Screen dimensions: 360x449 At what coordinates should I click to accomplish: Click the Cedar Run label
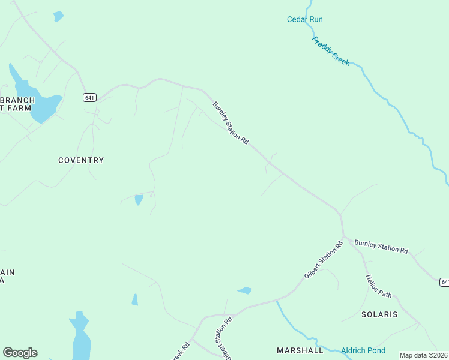[x=304, y=19]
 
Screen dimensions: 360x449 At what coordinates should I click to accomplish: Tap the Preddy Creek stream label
[x=331, y=51]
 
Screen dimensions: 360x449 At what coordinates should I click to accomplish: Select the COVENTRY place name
[x=81, y=160]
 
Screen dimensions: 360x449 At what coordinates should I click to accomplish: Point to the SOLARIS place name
[x=379, y=314]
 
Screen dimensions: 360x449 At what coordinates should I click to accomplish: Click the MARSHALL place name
[x=300, y=350]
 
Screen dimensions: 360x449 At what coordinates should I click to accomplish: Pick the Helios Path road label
[x=378, y=286]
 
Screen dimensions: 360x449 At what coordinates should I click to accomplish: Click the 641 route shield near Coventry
[x=89, y=97]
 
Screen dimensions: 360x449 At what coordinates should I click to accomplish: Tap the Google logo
[x=20, y=353]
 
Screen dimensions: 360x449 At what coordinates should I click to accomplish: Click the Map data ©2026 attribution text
[x=424, y=355]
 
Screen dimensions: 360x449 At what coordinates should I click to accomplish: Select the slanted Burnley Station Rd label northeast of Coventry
[x=231, y=122]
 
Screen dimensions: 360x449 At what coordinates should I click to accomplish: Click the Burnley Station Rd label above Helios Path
[x=381, y=246]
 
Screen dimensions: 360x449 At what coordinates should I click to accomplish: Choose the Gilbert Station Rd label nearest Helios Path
[x=323, y=259]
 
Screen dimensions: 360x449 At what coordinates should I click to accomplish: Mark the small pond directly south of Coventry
[x=139, y=199]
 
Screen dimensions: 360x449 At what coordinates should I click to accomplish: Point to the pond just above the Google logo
[x=80, y=336]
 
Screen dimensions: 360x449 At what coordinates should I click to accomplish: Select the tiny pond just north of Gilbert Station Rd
[x=244, y=291]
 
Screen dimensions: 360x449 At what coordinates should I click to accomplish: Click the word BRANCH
[x=17, y=100]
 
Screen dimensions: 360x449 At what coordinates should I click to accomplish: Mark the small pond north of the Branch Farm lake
[x=58, y=16]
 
